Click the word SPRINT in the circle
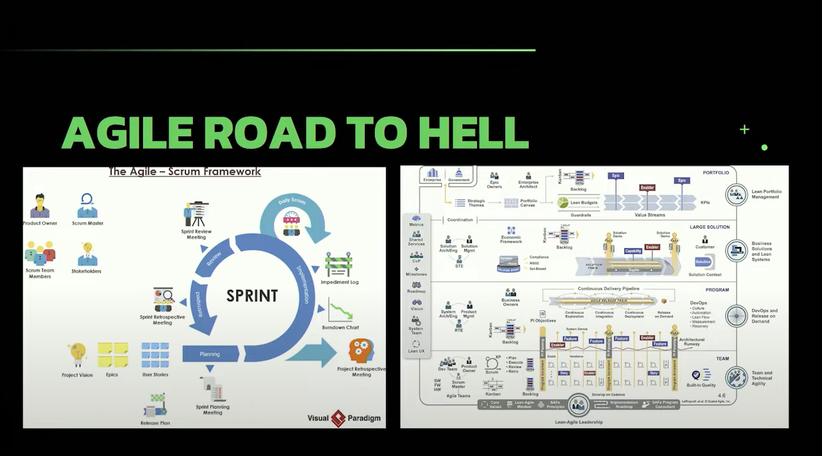[252, 295]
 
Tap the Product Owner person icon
[40, 206]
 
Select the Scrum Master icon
[87, 206]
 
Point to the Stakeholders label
[86, 271]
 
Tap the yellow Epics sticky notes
[113, 355]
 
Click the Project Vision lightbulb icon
[78, 355]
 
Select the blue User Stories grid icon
[155, 355]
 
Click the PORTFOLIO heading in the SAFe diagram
[716, 173]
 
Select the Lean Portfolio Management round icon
[736, 194]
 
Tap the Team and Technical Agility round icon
[736, 378]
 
